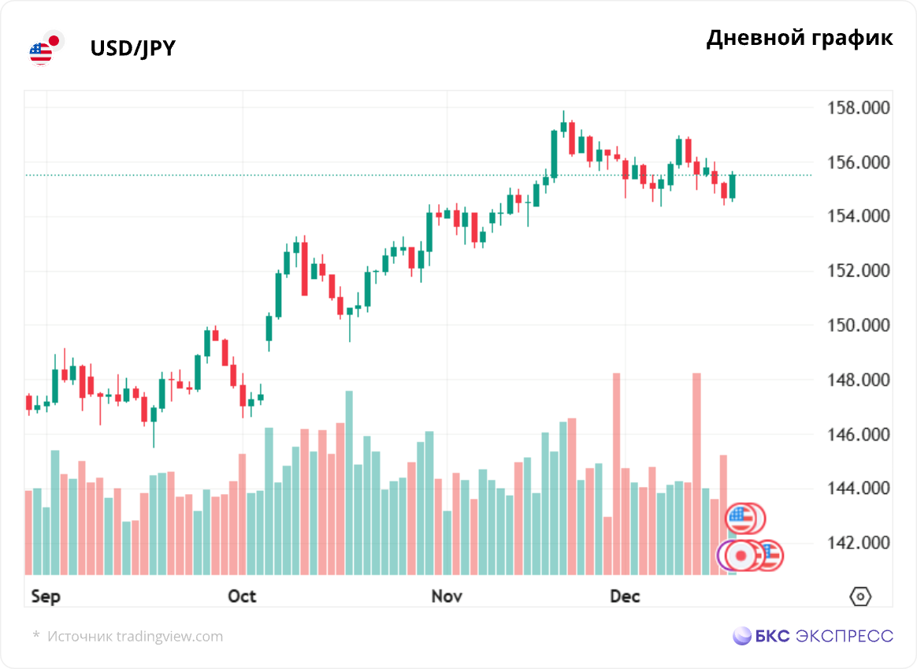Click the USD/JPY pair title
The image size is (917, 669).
[x=132, y=49]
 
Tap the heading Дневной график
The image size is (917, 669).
[x=800, y=38]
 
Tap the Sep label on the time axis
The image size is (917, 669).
[x=45, y=597]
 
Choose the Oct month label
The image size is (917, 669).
[x=242, y=597]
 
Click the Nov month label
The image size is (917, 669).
[x=447, y=597]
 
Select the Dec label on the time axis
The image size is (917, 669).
[x=625, y=597]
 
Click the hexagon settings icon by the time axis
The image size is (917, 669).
[x=860, y=597]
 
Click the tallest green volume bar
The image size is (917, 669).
[x=349, y=482]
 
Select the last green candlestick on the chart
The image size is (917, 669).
[x=733, y=186]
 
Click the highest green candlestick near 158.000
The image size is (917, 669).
[x=563, y=125]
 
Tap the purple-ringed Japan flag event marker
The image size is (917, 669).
[x=738, y=556]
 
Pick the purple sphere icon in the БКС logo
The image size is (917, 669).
[x=742, y=636]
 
